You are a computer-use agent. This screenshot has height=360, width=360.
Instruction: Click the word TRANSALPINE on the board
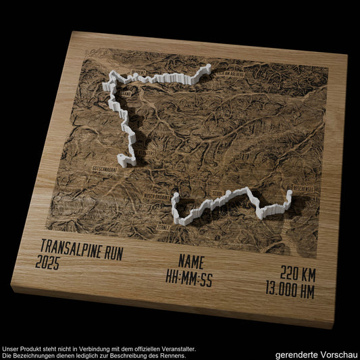click(x=64, y=247)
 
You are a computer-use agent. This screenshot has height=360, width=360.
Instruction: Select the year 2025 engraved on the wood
click(x=48, y=263)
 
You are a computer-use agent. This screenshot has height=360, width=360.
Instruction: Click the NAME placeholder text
click(x=192, y=263)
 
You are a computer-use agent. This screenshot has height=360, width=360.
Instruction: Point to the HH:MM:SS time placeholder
click(x=189, y=278)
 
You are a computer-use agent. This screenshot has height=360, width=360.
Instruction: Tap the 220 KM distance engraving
click(x=298, y=275)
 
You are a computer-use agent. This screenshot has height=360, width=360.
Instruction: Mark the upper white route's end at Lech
click(x=206, y=69)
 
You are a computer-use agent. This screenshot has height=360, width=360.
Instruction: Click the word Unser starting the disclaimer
click(x=11, y=349)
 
